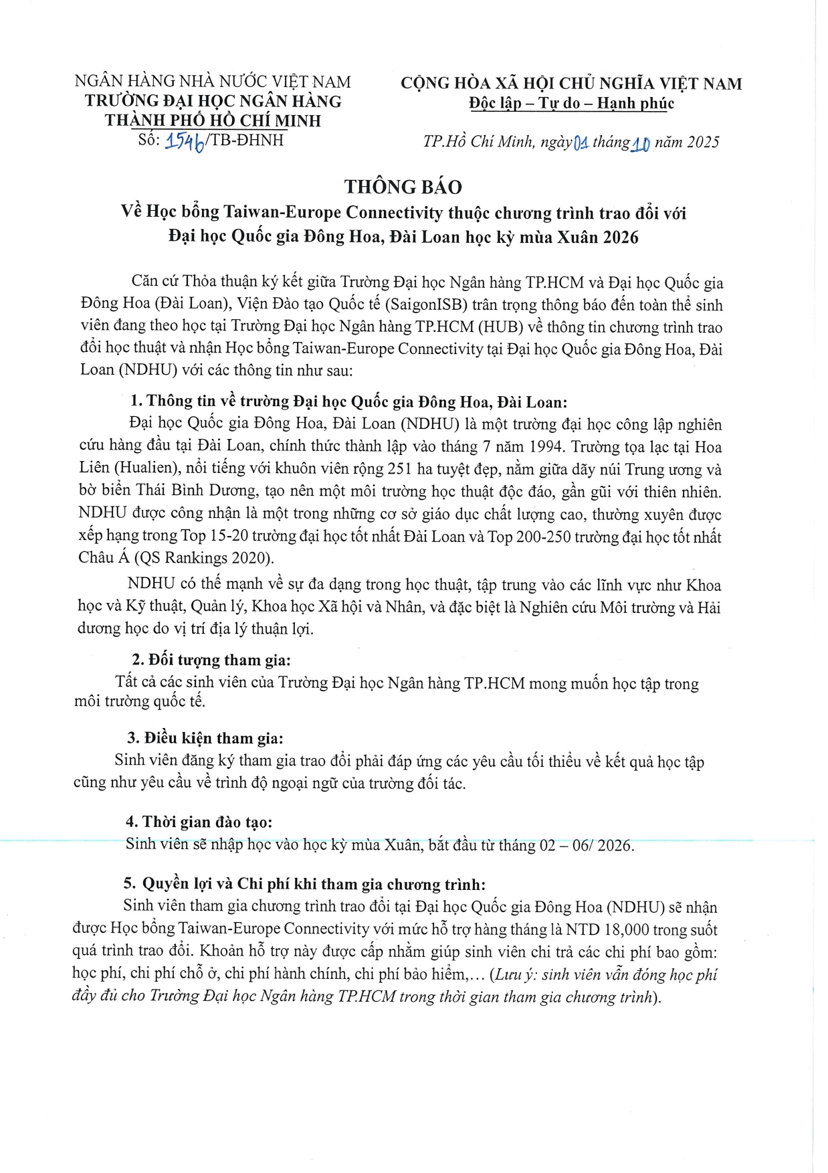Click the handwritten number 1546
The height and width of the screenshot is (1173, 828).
tap(185, 141)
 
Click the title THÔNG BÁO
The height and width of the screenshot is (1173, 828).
tap(403, 187)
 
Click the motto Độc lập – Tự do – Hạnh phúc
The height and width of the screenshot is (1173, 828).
tap(571, 104)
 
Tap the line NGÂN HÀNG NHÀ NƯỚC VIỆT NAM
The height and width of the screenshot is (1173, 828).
tap(213, 82)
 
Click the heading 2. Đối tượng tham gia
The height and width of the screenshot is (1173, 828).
tap(211, 660)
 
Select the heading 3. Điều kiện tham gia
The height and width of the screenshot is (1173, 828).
tap(205, 739)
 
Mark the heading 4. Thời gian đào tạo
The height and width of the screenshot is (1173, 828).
tap(199, 822)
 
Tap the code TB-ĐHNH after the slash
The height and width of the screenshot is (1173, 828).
tap(247, 141)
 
